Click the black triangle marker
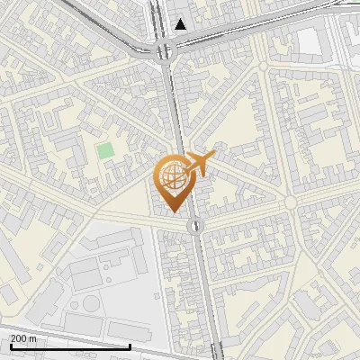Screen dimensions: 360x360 (x=182, y=24)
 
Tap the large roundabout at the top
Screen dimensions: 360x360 (x=165, y=50)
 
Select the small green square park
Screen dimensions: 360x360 (x=106, y=150)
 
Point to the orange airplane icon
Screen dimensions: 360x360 (x=198, y=165)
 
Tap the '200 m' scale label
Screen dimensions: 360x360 (x=22, y=337)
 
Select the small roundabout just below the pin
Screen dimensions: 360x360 (x=194, y=225)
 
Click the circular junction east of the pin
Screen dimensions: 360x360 (x=290, y=203)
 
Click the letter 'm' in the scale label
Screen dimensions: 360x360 (x=32, y=338)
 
